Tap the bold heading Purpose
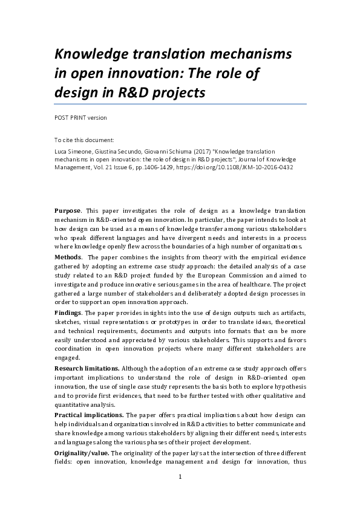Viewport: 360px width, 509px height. click(68, 209)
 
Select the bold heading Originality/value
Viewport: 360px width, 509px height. click(80, 454)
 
